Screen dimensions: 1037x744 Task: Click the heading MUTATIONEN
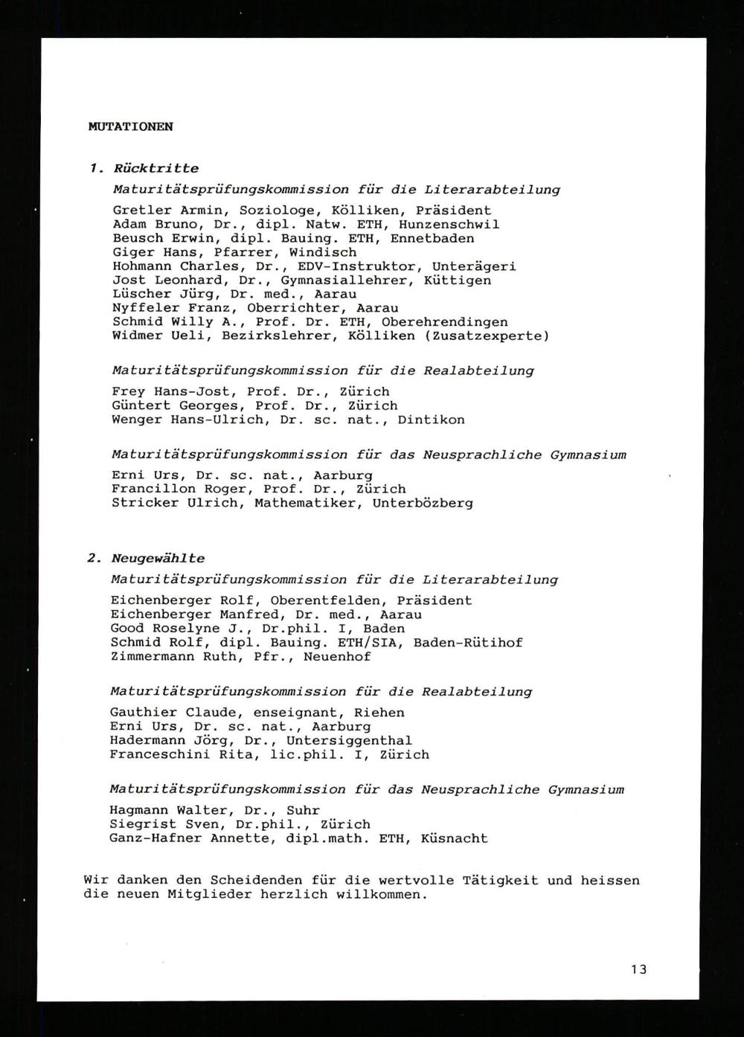click(x=130, y=126)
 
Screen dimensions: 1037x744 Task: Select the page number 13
click(x=638, y=969)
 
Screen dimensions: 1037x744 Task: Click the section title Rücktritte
click(x=156, y=169)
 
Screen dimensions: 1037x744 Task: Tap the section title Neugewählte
click(x=158, y=559)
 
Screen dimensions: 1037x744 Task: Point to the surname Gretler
click(x=142, y=211)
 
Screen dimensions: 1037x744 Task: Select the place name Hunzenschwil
click(x=449, y=225)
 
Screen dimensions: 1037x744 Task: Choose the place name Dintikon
click(x=431, y=420)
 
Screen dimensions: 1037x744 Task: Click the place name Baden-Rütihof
click(x=468, y=643)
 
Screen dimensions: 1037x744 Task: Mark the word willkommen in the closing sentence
click(x=381, y=895)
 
